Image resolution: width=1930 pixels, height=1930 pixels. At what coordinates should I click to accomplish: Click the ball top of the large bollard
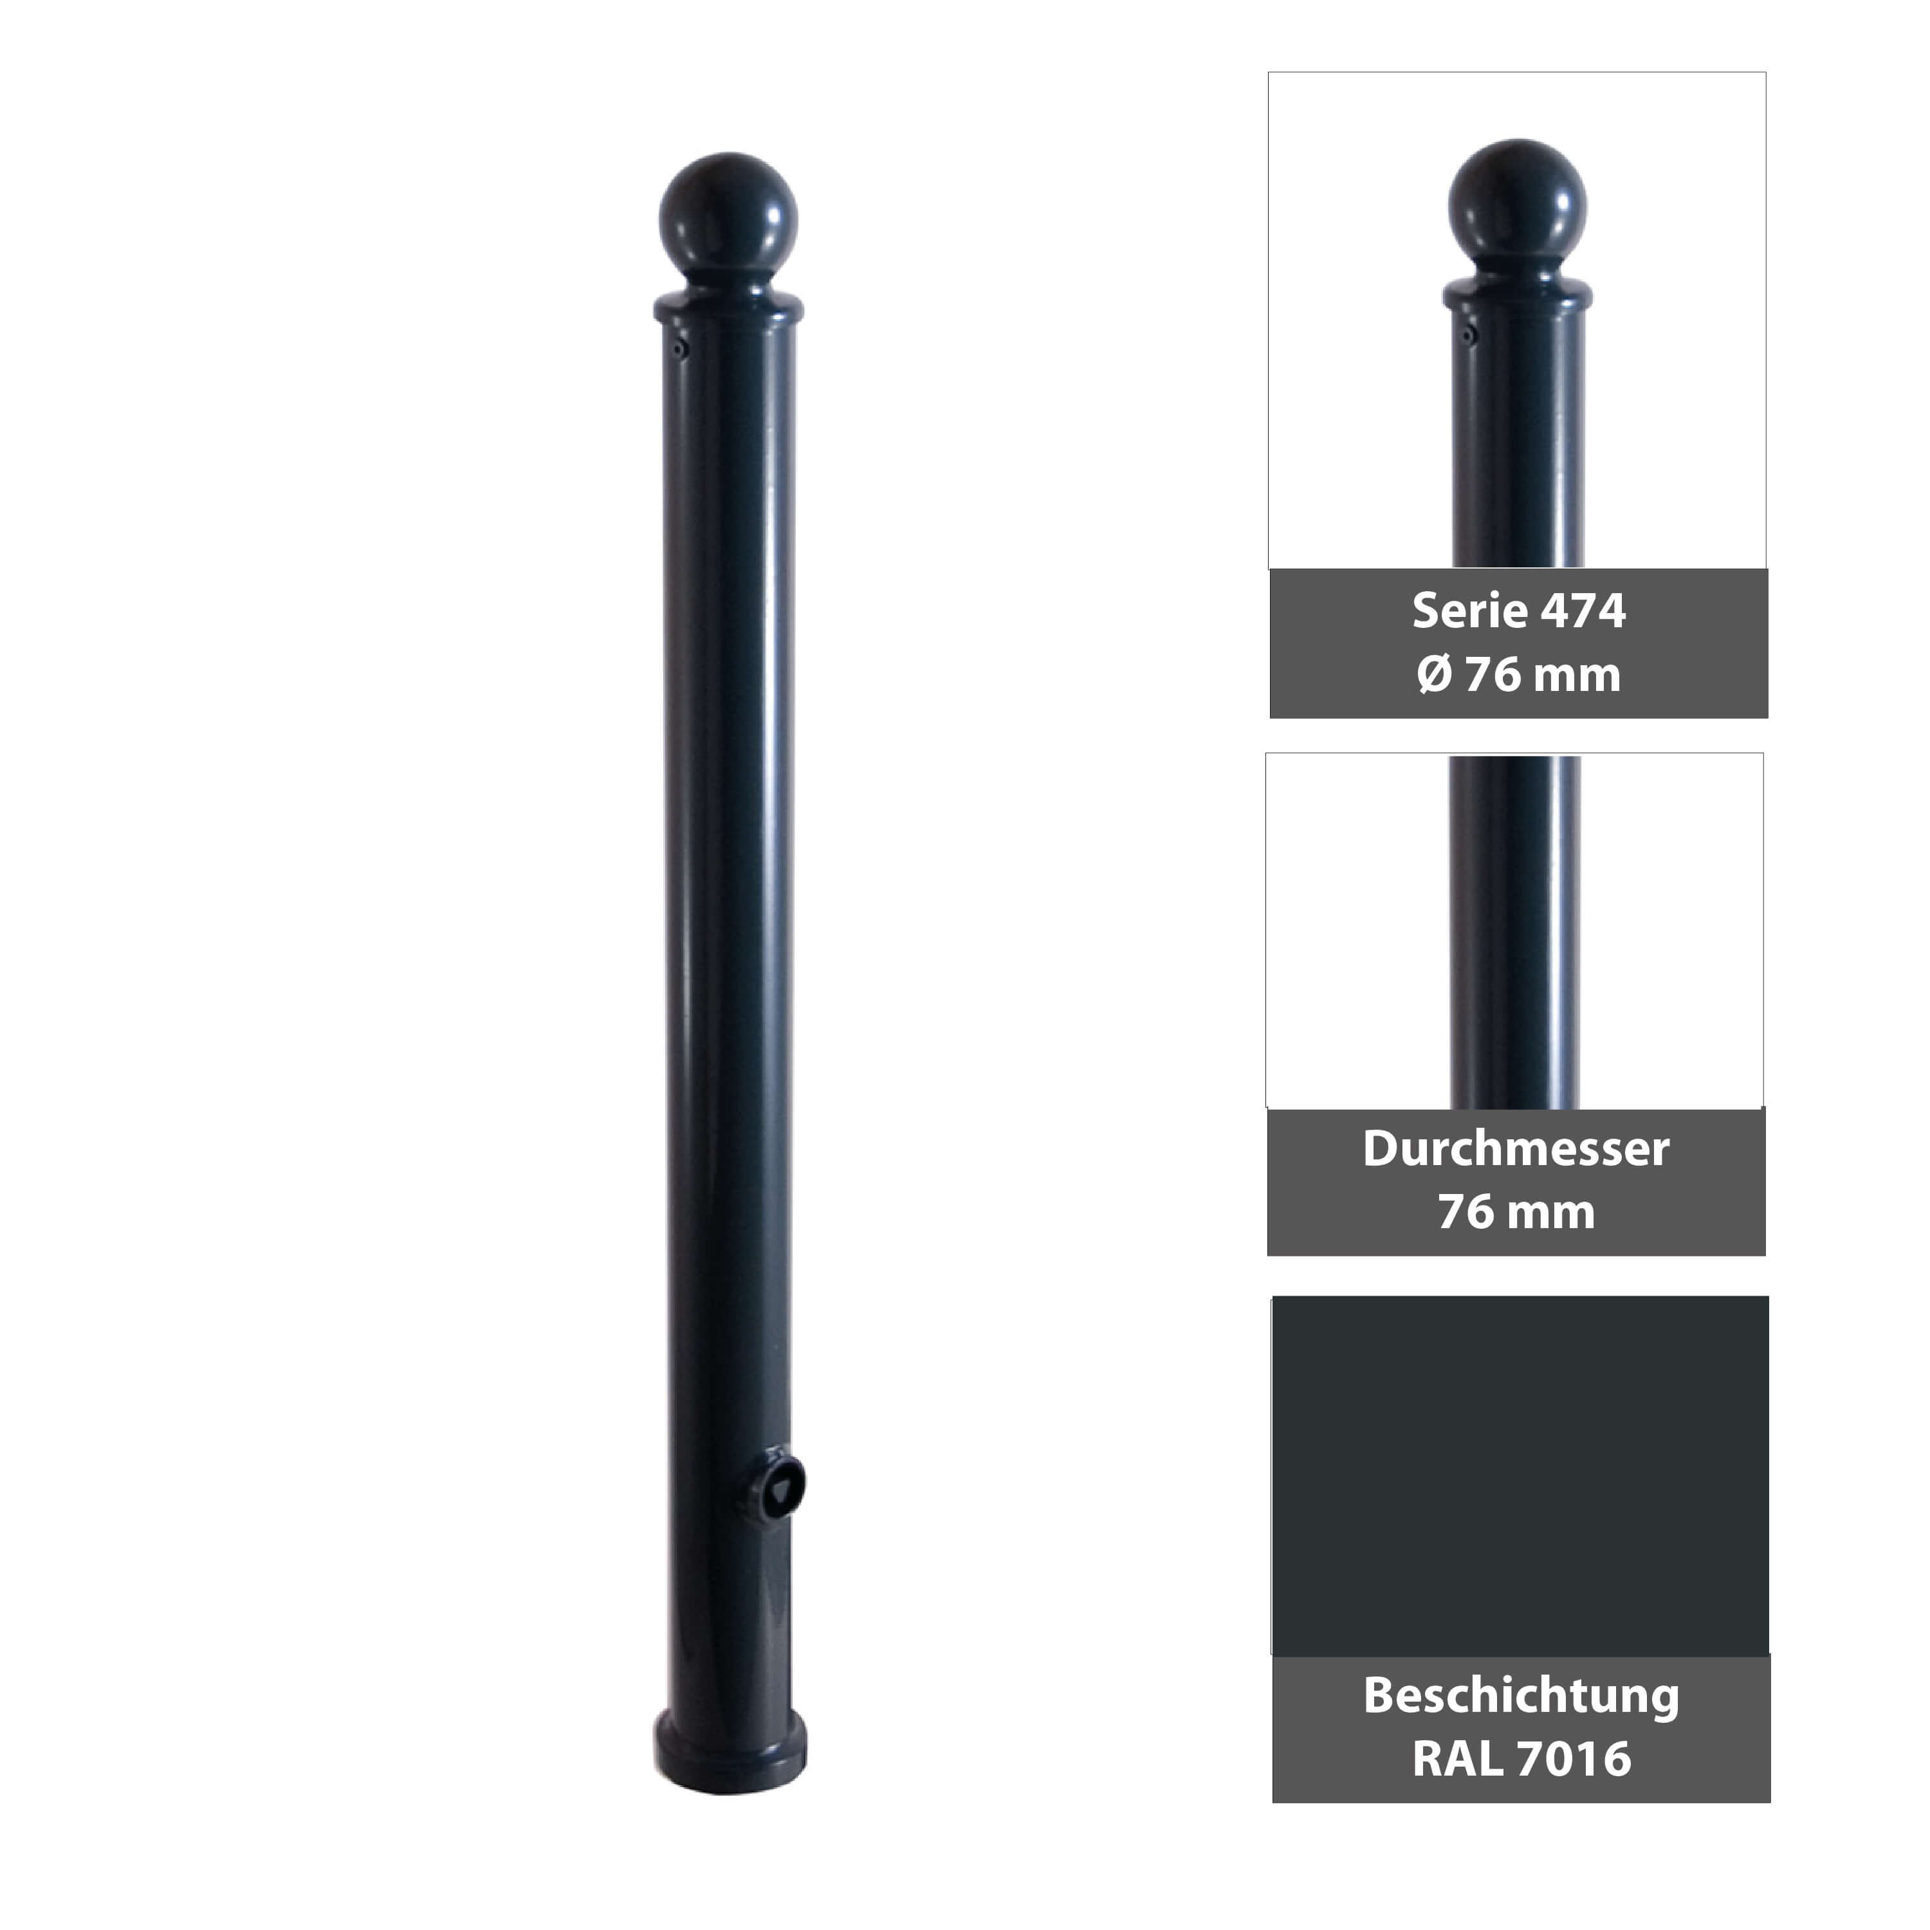(728, 214)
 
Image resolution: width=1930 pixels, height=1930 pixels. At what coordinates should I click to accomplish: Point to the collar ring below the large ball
(728, 306)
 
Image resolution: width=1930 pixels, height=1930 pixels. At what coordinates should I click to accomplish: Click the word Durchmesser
(1516, 1149)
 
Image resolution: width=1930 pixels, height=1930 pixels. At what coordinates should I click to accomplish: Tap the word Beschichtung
(1520, 1695)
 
